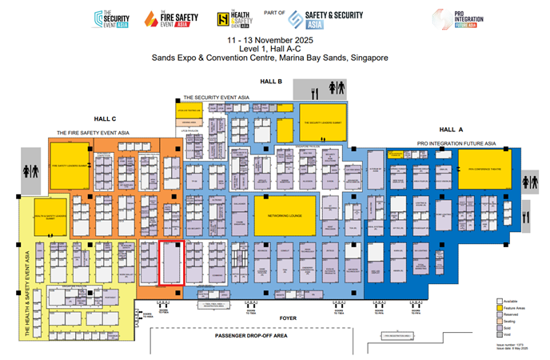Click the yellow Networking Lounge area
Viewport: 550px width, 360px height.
click(x=285, y=215)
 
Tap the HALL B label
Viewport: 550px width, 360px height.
click(x=271, y=82)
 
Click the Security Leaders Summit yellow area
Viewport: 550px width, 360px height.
click(x=323, y=122)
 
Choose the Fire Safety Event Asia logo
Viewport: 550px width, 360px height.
click(x=166, y=19)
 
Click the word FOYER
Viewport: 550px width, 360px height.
click(x=288, y=318)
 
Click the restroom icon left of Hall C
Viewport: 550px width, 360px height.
click(x=30, y=170)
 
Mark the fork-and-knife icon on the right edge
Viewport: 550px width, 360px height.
click(x=525, y=214)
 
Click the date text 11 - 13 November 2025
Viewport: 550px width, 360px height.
click(x=269, y=39)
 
